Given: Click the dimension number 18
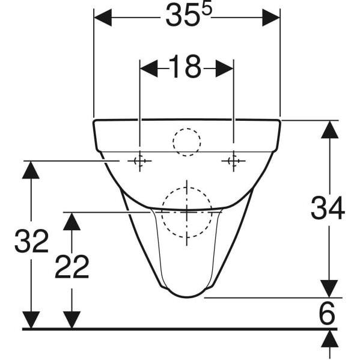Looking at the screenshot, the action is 185,67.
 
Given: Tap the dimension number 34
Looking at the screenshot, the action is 328,208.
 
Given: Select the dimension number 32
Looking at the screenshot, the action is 32,241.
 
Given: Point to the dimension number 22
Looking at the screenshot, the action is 72,267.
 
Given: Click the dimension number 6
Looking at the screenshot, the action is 327,313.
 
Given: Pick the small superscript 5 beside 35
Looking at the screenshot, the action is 207,11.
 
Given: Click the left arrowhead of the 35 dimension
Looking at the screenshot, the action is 103,17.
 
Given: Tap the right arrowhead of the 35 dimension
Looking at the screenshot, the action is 271,17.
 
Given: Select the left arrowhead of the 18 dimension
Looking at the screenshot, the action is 149,69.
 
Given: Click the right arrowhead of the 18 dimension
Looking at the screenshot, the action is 224,69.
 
